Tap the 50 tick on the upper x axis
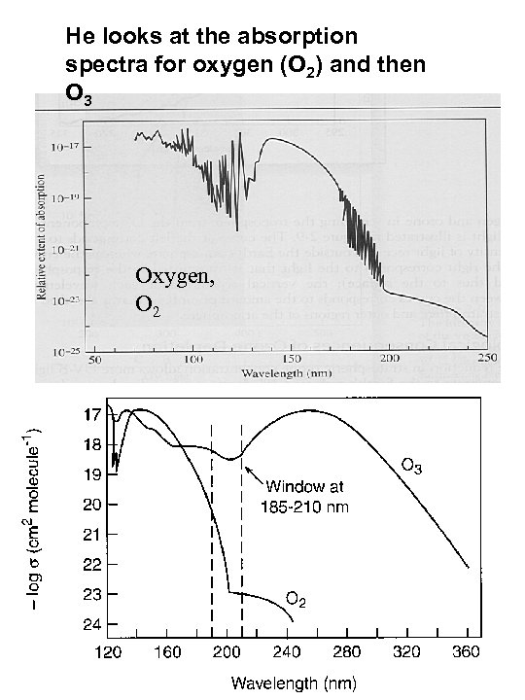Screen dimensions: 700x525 (x=94, y=360)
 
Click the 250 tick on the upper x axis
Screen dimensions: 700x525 (x=486, y=360)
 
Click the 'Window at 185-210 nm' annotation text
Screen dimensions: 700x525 (x=304, y=495)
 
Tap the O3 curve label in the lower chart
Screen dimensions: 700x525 (x=412, y=466)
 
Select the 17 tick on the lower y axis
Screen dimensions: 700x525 (x=93, y=415)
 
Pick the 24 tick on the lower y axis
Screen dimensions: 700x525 (x=91, y=623)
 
